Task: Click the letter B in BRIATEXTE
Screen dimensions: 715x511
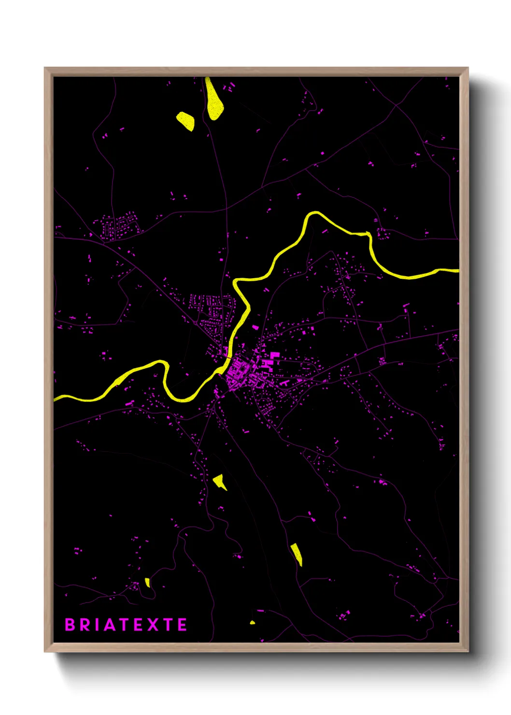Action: click(70, 625)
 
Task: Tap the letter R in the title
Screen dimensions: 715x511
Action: click(85, 625)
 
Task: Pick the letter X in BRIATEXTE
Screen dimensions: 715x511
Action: click(152, 625)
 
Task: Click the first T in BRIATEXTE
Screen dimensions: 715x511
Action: click(125, 625)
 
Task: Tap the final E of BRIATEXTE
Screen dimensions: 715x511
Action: click(182, 625)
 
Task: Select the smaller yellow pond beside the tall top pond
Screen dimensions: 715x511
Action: click(186, 121)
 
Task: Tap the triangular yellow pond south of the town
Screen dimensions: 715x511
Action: click(220, 481)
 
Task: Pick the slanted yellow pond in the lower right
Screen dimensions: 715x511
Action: click(297, 554)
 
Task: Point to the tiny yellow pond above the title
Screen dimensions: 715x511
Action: click(147, 583)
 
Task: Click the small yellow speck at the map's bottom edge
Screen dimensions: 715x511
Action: click(252, 622)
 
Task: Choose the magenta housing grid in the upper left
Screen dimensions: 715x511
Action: click(119, 226)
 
